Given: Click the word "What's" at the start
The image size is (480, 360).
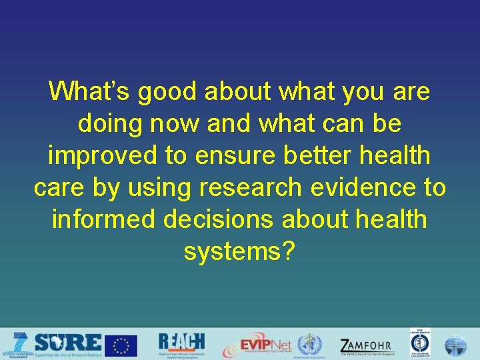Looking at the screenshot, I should pyautogui.click(x=90, y=91).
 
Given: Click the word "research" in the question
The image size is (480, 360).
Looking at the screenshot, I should pyautogui.click(x=250, y=189).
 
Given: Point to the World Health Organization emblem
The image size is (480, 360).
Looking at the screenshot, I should pyautogui.click(x=309, y=345).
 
